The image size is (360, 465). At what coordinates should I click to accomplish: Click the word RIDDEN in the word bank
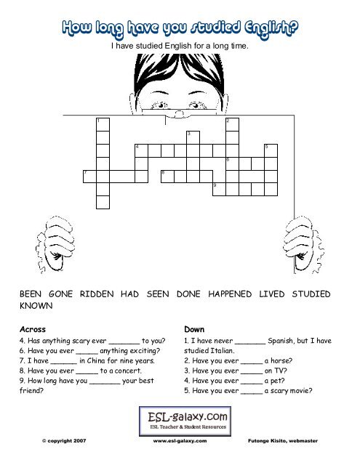(97, 294)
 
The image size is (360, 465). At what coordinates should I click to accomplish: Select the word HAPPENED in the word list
(230, 294)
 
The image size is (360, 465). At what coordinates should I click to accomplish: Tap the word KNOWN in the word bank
(36, 305)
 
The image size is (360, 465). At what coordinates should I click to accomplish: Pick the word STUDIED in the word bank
(311, 294)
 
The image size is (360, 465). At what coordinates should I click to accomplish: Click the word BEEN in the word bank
(31, 294)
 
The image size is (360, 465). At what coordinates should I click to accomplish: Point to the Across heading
(33, 329)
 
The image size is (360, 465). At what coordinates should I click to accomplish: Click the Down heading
(194, 329)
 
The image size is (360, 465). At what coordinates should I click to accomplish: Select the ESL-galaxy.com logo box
(185, 421)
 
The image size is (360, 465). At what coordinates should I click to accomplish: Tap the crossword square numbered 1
(103, 124)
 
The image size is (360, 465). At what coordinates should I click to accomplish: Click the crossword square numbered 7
(89, 177)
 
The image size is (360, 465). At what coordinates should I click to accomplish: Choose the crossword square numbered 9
(220, 190)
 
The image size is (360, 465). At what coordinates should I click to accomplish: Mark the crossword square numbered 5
(271, 150)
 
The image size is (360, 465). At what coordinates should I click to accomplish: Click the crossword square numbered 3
(193, 137)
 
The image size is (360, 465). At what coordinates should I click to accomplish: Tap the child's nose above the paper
(179, 113)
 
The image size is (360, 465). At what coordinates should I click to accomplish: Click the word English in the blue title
(271, 28)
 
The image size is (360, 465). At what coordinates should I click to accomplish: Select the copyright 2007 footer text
(64, 441)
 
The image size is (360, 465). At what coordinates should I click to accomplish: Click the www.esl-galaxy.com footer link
(180, 441)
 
